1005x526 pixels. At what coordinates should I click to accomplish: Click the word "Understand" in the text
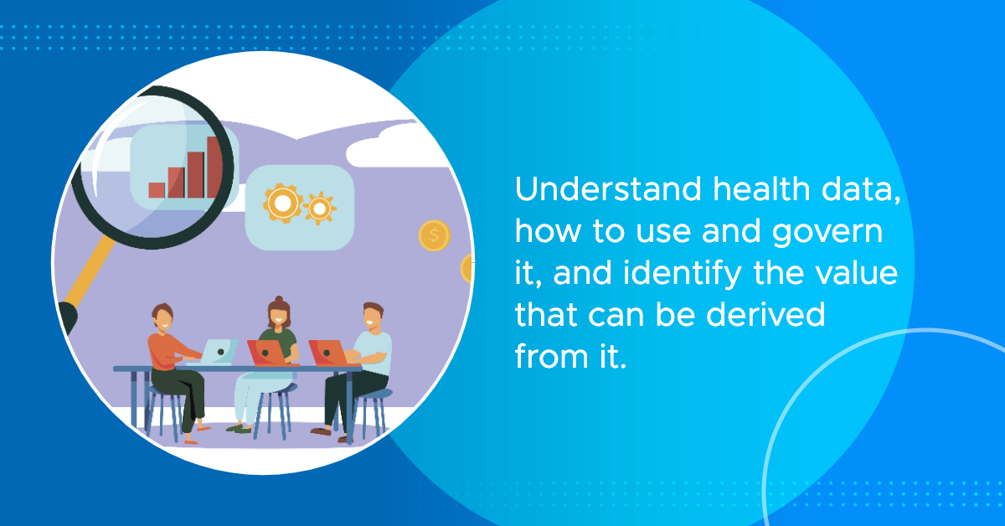click(608, 189)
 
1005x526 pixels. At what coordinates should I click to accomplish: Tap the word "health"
click(762, 188)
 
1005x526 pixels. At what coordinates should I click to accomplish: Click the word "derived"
click(765, 314)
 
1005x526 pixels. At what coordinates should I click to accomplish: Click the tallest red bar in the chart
click(214, 167)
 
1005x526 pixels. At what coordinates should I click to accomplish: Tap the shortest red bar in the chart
click(157, 190)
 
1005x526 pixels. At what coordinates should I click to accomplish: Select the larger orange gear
click(283, 204)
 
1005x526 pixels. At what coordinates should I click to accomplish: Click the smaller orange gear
click(319, 209)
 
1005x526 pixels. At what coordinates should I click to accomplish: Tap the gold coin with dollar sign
click(435, 235)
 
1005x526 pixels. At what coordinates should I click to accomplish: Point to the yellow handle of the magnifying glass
click(90, 271)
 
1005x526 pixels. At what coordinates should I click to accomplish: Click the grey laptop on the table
click(215, 352)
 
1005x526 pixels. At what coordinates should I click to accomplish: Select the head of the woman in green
click(279, 312)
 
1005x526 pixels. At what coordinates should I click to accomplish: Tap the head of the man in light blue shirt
click(374, 317)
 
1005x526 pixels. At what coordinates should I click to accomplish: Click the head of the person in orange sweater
click(162, 317)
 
